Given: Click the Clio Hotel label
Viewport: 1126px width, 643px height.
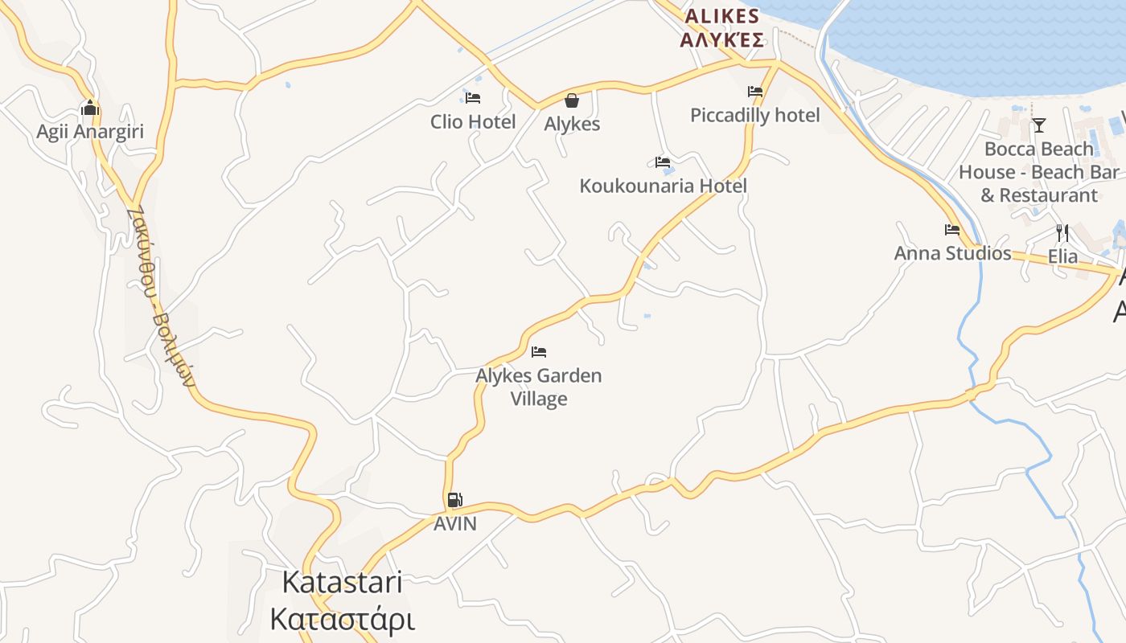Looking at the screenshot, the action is [x=473, y=122].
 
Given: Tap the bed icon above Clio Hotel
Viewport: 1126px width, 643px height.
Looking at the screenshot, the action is [x=473, y=98].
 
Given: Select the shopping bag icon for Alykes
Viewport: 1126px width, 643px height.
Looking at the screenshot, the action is [x=571, y=100].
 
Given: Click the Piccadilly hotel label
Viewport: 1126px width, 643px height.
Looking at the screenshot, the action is [x=755, y=116].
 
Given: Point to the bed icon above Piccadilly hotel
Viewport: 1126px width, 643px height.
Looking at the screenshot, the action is [x=755, y=92].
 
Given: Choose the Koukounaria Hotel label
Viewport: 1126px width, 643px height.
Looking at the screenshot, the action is [x=663, y=186].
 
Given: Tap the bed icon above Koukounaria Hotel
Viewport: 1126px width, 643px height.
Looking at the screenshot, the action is [x=663, y=162].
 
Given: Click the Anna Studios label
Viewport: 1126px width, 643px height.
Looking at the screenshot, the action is [x=952, y=253].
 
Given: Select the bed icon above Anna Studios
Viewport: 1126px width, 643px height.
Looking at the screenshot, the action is [x=952, y=230].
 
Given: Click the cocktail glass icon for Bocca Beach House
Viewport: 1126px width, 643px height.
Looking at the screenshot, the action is [x=1038, y=125].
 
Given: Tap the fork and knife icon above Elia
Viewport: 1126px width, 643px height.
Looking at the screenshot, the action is [x=1062, y=233].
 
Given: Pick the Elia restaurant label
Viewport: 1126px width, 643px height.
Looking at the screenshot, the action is [x=1062, y=256].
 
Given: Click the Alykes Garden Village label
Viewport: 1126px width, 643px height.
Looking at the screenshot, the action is [x=539, y=387].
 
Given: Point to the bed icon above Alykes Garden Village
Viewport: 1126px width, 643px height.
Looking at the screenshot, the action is [x=539, y=352].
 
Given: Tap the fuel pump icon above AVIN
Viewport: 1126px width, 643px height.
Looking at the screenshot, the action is [x=455, y=500].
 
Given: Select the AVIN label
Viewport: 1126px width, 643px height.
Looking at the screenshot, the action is [x=455, y=524].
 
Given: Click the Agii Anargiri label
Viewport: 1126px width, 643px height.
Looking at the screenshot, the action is [x=90, y=131].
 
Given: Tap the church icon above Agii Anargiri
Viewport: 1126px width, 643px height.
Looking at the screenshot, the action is [x=89, y=108].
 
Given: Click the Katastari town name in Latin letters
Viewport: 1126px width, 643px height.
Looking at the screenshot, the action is [x=343, y=583].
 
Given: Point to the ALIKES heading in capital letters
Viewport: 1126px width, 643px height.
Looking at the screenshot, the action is [x=721, y=17].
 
